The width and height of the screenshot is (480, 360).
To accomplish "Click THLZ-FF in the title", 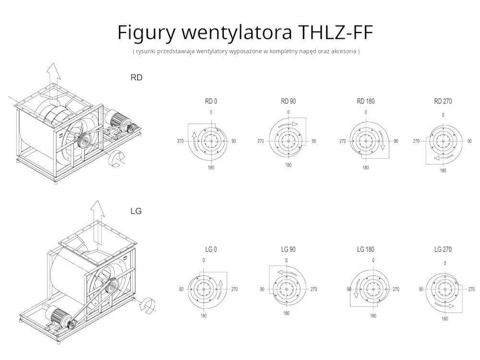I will (335, 32).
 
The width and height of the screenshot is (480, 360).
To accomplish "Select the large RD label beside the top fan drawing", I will (136, 77).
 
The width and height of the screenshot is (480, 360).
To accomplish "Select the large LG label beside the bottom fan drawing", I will (136, 211).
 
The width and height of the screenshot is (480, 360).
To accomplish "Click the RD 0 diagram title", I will (211, 101).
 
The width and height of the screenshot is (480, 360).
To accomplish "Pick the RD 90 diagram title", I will (288, 101).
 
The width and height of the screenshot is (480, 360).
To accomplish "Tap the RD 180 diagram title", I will (366, 101).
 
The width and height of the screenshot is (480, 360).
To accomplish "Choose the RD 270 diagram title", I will (443, 101).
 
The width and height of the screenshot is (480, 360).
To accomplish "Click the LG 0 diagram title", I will (211, 250).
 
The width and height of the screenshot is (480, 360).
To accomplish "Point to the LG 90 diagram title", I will (288, 250).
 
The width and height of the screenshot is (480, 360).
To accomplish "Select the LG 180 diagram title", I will (366, 250).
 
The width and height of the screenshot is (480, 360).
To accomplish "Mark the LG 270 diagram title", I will (443, 250).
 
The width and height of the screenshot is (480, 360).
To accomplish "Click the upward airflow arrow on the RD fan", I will (54, 74).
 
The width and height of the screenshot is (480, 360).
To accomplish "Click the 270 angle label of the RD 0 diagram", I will (180, 142).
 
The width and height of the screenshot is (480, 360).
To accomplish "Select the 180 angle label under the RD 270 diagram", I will (443, 170).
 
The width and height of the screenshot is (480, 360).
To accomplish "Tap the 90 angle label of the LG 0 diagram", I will (181, 289).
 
